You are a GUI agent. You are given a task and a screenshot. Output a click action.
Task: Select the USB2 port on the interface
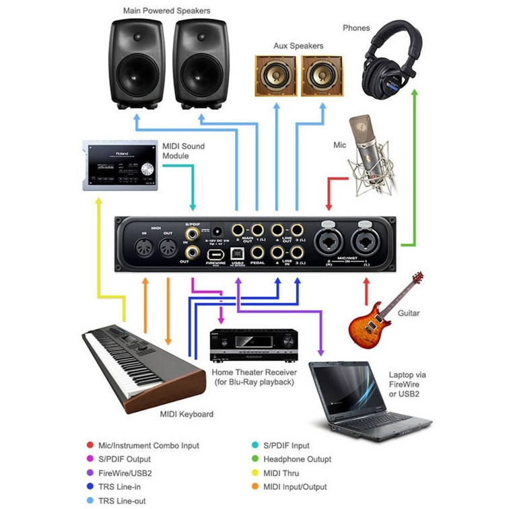pos(238,254)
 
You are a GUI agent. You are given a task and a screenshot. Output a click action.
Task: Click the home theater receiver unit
pos(244,347)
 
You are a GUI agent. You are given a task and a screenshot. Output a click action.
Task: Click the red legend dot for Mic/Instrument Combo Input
pos(90,445)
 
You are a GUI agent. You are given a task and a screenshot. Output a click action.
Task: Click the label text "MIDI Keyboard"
pos(186,414)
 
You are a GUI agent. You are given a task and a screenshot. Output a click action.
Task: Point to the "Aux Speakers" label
pos(298,46)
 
